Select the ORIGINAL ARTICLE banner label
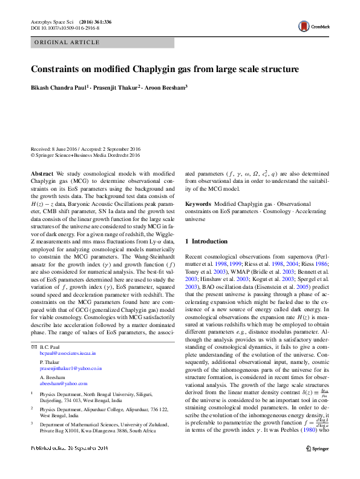[67, 42]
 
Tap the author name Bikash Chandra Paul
[59, 87]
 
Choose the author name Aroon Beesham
[166, 87]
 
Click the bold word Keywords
[198, 205]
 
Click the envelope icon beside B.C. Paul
[33, 346]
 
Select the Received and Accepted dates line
[85, 149]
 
